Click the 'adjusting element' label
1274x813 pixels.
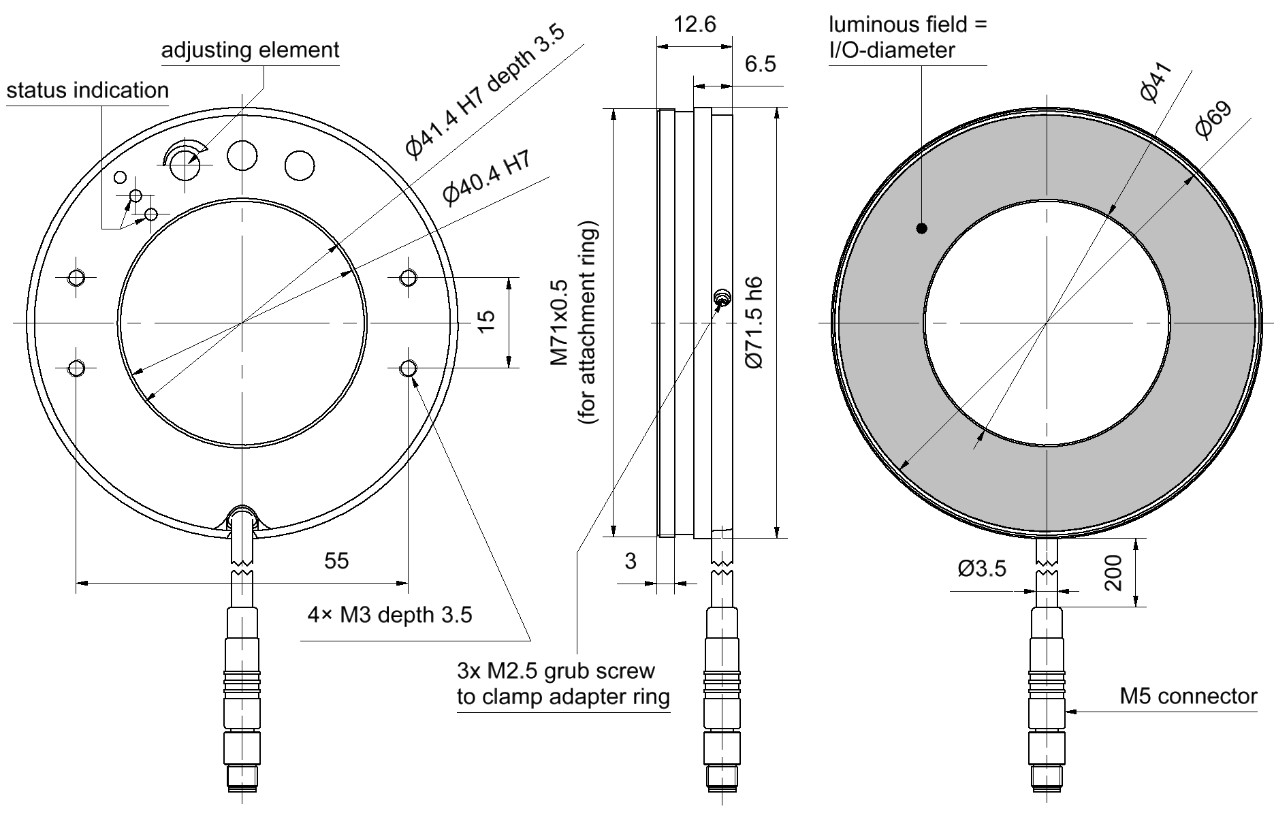(250, 50)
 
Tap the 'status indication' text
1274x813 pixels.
(88, 91)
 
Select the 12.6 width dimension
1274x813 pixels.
(695, 25)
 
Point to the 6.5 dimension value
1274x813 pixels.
(760, 65)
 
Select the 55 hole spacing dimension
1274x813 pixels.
(336, 561)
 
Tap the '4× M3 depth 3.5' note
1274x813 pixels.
(389, 616)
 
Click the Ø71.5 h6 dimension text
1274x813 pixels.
(754, 323)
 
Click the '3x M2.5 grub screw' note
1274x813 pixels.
(556, 671)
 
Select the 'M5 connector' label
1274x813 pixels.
(1188, 697)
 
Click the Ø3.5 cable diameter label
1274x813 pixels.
(981, 569)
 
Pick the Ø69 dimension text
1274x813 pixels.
(1213, 121)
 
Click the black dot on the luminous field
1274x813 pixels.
(922, 229)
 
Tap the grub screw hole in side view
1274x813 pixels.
(722, 297)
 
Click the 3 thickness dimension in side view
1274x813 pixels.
(631, 561)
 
